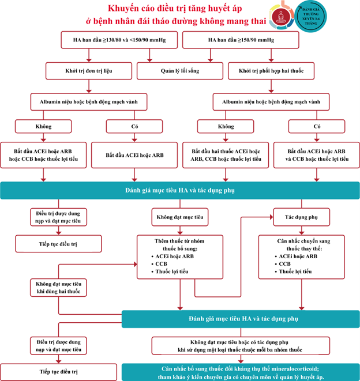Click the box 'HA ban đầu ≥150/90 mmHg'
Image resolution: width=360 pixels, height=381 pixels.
pos(241,40)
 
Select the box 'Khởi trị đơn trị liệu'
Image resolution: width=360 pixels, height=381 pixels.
pos(89,71)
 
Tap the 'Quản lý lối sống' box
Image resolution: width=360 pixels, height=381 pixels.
pos(180,71)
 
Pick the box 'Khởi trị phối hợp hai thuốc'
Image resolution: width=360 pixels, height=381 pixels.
pos(271,71)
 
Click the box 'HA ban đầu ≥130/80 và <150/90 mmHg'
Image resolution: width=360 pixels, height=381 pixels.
pos(119,40)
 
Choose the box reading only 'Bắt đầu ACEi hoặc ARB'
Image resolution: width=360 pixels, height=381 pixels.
pos(134,155)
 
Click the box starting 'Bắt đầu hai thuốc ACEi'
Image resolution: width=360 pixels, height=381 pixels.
pos(226,155)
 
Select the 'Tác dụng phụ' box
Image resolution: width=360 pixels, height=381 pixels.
pos(301,217)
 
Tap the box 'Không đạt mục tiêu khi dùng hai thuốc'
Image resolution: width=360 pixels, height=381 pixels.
pos(58,288)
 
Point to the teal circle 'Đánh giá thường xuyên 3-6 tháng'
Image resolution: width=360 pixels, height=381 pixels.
pos(310,16)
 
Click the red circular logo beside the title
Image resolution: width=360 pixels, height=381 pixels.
pos(281,17)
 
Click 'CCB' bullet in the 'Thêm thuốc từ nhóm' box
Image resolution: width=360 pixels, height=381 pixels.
pos(161,264)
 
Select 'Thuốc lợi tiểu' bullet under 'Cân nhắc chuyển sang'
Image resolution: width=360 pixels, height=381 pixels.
pos(295,271)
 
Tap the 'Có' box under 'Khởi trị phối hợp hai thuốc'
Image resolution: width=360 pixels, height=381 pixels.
pos(317,126)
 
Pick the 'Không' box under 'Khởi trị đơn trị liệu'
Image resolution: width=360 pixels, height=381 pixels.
pos(43,126)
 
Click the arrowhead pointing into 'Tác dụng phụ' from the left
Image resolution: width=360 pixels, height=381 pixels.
pos(272,217)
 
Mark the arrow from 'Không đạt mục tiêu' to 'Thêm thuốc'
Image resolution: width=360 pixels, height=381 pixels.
pos(180,231)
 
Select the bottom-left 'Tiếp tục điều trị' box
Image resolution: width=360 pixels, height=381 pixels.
pos(58,372)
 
